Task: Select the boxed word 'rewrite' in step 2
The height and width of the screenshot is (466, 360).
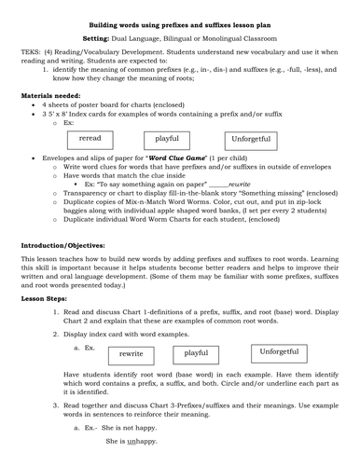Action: pyautogui.click(x=132, y=354)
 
